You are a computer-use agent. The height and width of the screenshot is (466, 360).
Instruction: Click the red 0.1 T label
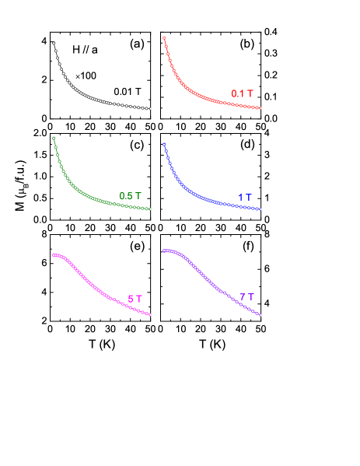(x=242, y=94)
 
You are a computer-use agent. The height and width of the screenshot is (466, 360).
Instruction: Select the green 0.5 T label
(x=130, y=196)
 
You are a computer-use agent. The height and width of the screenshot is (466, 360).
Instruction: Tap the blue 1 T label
(x=245, y=198)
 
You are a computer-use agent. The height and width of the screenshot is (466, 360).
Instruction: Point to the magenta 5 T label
(x=135, y=300)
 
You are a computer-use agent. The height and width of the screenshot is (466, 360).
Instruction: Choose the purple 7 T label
(x=246, y=297)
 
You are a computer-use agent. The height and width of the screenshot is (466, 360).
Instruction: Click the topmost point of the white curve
(x=54, y=44)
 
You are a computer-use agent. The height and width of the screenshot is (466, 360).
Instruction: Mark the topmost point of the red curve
(x=164, y=37)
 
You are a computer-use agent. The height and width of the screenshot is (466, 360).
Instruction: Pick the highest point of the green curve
(x=54, y=138)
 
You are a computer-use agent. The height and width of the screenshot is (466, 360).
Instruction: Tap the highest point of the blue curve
(x=164, y=144)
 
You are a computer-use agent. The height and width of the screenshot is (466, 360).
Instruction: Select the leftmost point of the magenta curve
(x=54, y=255)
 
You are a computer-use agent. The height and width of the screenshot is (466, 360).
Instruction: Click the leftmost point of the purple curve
(x=164, y=251)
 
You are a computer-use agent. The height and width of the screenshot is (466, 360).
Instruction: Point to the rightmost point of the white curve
(x=149, y=109)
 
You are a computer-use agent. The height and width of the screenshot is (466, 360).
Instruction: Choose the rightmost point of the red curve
(x=260, y=108)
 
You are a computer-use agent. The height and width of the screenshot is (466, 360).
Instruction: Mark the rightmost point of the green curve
(x=149, y=209)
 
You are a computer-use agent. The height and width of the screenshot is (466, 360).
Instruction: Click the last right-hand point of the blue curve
(x=260, y=209)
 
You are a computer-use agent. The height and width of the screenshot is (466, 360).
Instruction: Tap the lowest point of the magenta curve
(x=149, y=314)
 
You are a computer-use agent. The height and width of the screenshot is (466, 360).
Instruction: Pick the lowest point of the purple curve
(x=260, y=315)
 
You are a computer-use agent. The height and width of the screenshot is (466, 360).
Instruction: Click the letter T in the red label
(x=250, y=94)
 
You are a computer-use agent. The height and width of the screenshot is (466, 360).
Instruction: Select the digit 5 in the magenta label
(x=131, y=300)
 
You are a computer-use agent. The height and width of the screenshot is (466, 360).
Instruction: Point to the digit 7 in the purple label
(x=243, y=297)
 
